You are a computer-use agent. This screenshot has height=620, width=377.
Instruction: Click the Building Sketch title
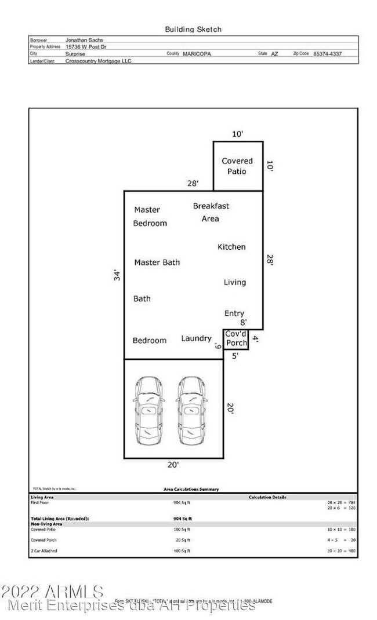193,29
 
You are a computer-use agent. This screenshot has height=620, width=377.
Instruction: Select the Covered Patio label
237,166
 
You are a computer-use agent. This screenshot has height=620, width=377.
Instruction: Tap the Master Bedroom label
150,216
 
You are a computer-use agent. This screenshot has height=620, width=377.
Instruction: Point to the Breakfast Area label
211,212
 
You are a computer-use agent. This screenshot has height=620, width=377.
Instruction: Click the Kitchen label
231,247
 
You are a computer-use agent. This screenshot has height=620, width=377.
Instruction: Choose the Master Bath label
157,262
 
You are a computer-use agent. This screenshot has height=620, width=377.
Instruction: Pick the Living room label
235,282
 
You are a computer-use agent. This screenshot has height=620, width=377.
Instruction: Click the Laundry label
196,338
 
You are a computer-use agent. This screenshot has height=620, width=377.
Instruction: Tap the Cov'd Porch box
236,338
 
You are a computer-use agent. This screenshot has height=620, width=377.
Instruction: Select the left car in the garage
149,409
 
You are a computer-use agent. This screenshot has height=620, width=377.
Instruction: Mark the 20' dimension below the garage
173,464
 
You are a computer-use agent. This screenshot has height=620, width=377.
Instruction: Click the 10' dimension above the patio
237,134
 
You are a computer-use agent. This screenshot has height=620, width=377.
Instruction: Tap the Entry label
234,313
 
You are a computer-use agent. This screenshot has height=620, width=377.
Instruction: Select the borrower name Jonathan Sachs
84,39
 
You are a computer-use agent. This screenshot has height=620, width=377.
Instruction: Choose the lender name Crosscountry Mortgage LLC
99,60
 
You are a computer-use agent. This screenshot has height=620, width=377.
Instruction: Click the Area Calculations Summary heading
191,489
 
